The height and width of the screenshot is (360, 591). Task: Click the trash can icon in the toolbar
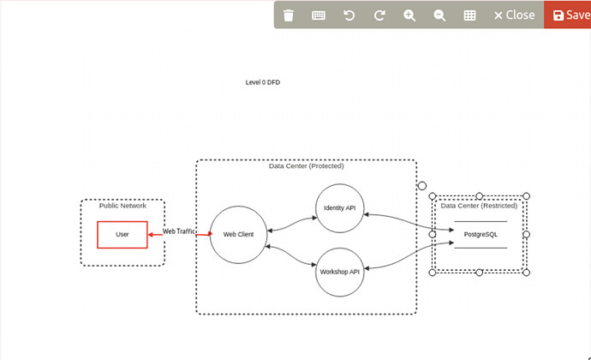(x=289, y=15)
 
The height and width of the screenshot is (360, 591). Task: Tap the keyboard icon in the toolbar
(x=319, y=15)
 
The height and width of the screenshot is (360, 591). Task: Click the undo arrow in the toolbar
(x=349, y=15)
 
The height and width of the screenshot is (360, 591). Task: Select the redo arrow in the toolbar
(x=379, y=15)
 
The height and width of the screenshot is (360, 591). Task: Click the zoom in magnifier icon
(x=409, y=15)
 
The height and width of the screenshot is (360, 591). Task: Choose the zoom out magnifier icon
(x=439, y=15)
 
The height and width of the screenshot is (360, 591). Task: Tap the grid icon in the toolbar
(x=469, y=15)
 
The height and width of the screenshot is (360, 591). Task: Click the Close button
(x=514, y=15)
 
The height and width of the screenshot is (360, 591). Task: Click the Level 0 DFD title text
(x=263, y=82)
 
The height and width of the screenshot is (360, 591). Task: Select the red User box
(x=122, y=234)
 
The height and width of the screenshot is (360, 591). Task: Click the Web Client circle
(x=238, y=234)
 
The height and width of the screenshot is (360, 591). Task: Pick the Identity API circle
(x=341, y=207)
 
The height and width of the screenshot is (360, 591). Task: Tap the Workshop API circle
(x=341, y=271)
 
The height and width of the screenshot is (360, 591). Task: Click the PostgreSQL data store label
(x=481, y=234)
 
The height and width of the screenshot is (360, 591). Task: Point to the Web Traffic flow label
(x=180, y=231)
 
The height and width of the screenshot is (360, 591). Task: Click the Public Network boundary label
(x=122, y=206)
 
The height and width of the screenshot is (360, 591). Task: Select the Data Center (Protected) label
(x=306, y=166)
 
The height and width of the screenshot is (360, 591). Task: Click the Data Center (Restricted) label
(x=479, y=206)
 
